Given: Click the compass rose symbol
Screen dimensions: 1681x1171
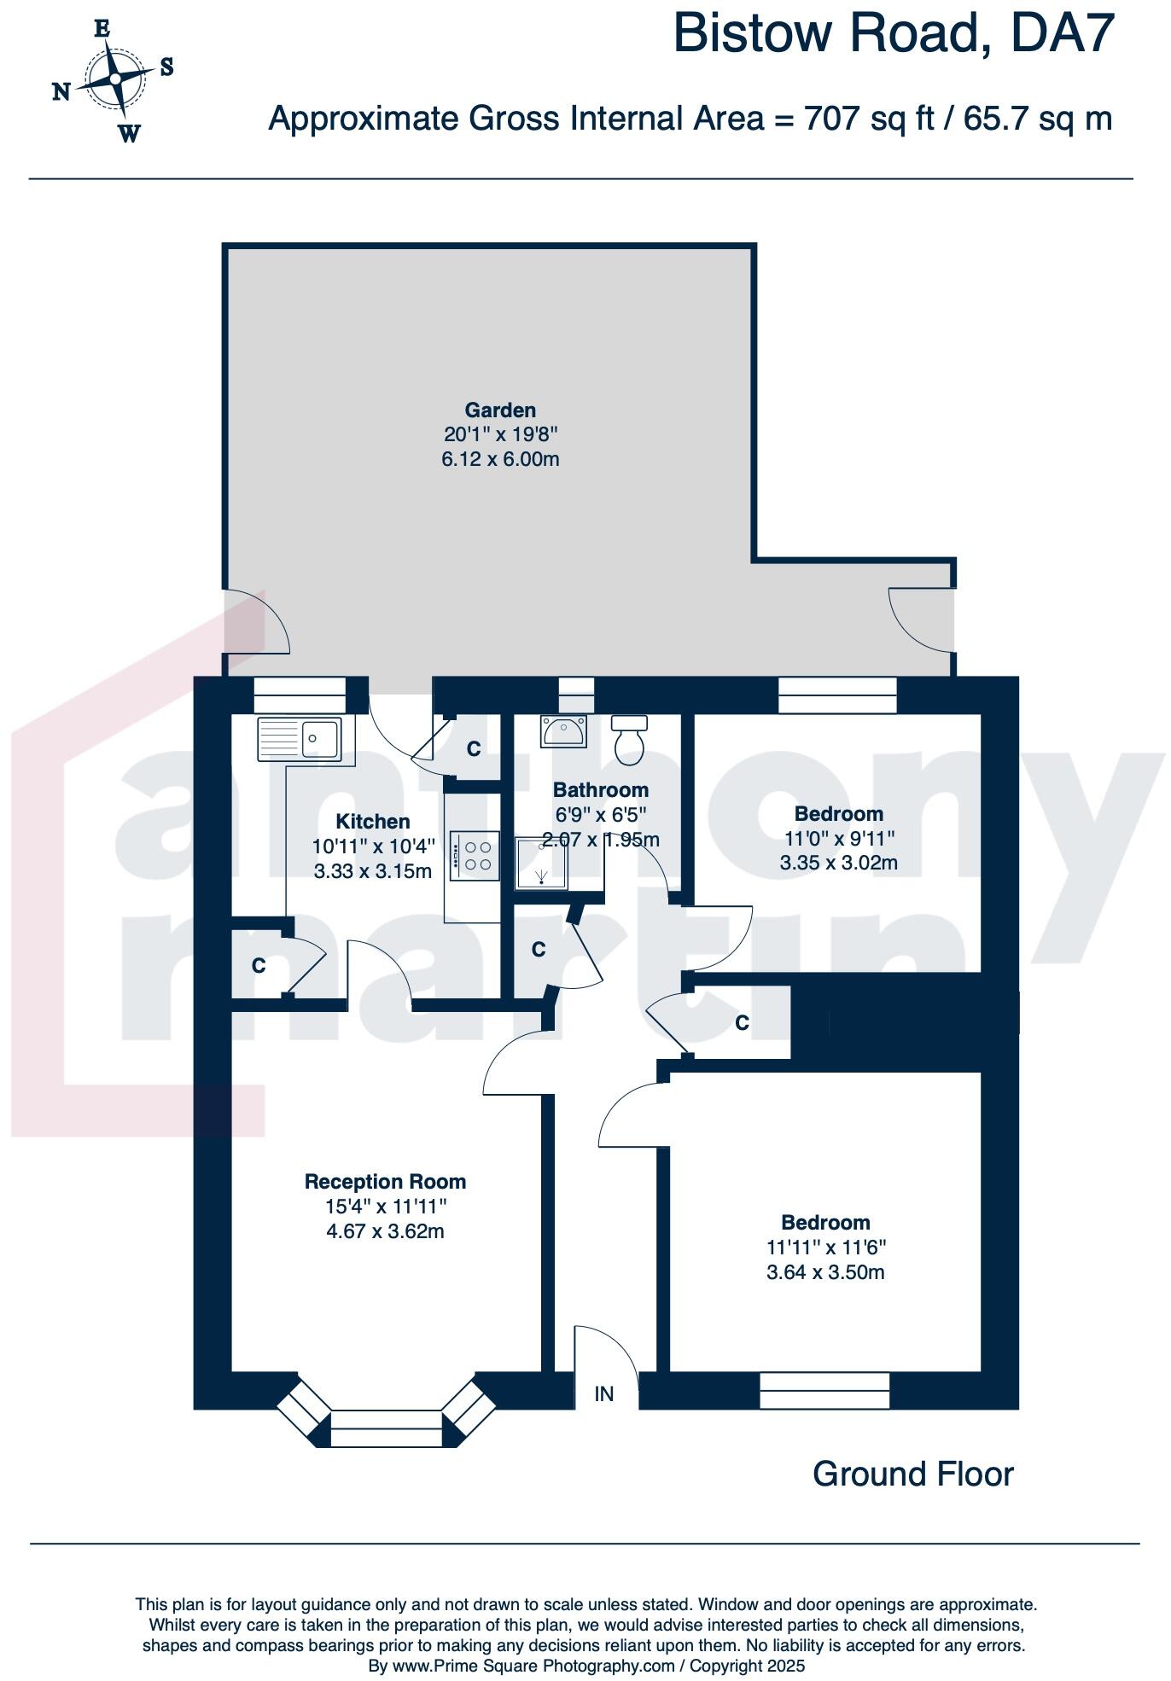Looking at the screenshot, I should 114,79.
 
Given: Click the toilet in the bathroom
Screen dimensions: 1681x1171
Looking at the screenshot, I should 631,740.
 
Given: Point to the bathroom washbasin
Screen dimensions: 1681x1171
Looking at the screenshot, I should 562,731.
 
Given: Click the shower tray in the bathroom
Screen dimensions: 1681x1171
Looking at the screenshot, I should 541,863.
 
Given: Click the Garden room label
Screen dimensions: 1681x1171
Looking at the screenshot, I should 500,410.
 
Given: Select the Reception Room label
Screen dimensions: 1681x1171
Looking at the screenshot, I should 385,1182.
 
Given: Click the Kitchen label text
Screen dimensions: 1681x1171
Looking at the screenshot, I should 373,822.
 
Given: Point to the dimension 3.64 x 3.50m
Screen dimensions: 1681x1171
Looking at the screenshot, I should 825,1272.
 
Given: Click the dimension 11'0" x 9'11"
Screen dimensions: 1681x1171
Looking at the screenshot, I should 839,838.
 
